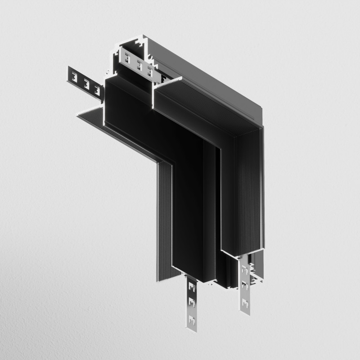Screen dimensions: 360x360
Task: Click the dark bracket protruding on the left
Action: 85,81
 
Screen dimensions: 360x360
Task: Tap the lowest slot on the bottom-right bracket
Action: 245,302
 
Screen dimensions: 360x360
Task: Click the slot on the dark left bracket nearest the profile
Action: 97,89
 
